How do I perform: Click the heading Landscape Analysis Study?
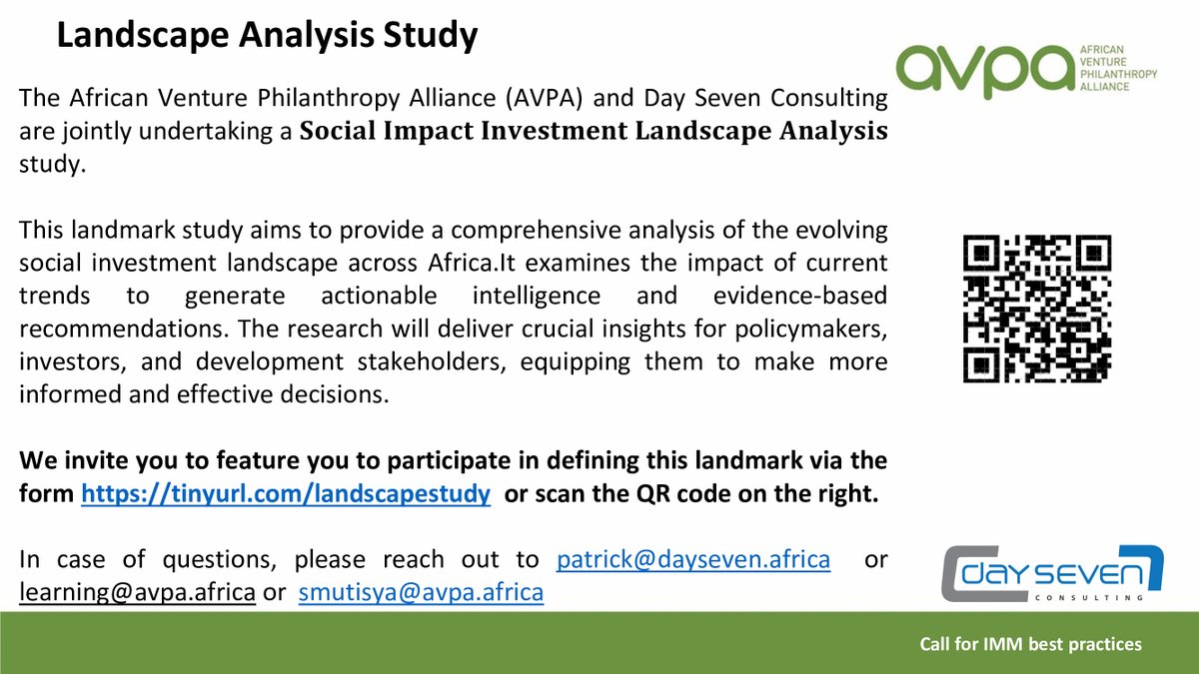[x=267, y=37]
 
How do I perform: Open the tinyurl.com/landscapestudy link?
[x=285, y=495]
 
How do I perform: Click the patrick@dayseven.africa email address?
[x=692, y=560]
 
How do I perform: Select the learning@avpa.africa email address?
[x=137, y=592]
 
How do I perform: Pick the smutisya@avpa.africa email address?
[x=421, y=592]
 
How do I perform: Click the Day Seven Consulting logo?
[x=1048, y=574]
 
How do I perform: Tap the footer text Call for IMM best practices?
[x=1030, y=645]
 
